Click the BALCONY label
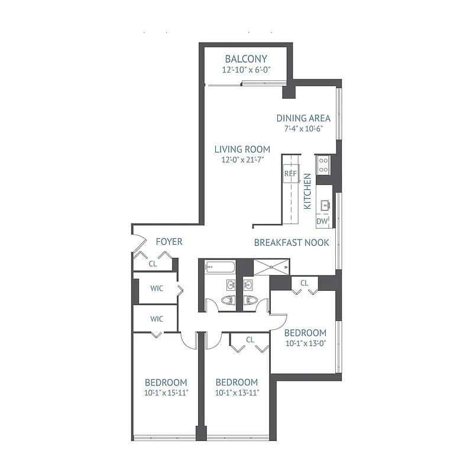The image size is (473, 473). click(246, 59)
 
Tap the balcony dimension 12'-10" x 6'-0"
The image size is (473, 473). click(246, 70)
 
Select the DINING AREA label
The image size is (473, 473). click(303, 118)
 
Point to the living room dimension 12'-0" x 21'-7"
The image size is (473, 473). click(242, 160)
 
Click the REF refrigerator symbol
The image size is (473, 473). click(290, 174)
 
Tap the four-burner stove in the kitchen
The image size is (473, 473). click(323, 164)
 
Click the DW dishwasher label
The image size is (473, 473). click(322, 221)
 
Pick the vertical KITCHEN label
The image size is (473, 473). click(307, 192)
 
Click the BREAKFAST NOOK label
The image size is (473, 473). click(288, 242)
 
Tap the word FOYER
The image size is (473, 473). click(169, 242)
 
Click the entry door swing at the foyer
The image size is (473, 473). click(140, 242)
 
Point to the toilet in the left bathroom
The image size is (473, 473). click(227, 302)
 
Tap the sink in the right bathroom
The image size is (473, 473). click(250, 285)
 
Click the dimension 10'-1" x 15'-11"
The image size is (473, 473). click(166, 393)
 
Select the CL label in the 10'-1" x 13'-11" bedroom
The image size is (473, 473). click(250, 339)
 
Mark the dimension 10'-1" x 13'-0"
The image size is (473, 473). click(305, 344)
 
